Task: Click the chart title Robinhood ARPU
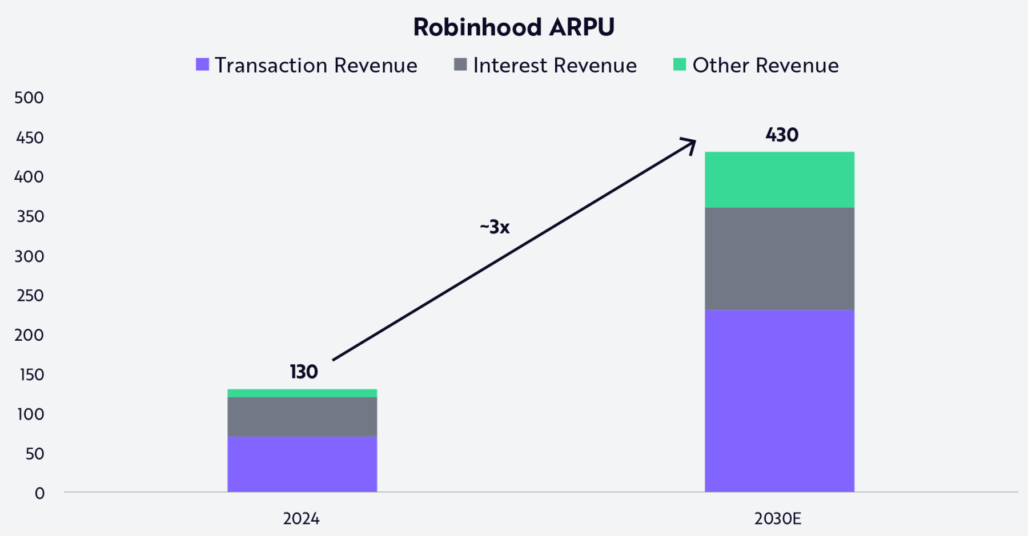[513, 27]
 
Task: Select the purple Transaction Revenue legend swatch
[202, 64]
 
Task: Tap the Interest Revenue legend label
[554, 66]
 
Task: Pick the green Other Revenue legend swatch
[679, 64]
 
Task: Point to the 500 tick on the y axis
[29, 98]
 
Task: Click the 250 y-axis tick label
[30, 296]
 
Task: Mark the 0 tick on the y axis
[39, 493]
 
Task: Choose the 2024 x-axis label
[301, 519]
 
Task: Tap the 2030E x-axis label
[777, 519]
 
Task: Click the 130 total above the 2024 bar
[303, 372]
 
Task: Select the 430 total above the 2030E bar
[781, 135]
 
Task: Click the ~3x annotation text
[495, 227]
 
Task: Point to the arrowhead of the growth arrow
[691, 142]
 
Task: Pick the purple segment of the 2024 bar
[302, 464]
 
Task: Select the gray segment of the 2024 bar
[302, 417]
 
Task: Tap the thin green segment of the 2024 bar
[302, 393]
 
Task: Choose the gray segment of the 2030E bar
[779, 259]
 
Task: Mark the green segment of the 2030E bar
[779, 179]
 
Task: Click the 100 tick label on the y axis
[30, 414]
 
